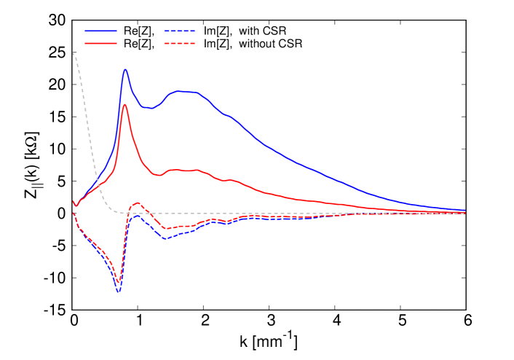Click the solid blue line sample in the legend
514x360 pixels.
coord(100,31)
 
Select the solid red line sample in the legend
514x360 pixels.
coord(100,44)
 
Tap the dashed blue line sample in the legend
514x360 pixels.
coord(180,31)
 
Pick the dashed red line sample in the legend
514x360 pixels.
coord(180,44)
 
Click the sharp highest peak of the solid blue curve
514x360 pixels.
coord(125,70)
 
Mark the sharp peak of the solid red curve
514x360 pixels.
coord(125,104)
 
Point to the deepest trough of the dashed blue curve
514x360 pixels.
coord(118,291)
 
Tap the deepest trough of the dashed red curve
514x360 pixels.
coord(118,281)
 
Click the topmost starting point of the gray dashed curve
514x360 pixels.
coord(74,52)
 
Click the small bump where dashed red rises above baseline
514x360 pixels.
coord(138,203)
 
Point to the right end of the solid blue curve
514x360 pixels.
coord(464,210)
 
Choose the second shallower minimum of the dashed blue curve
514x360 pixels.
coord(165,238)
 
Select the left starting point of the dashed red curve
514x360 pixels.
coord(74,213)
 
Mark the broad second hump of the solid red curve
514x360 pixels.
coord(182,170)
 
